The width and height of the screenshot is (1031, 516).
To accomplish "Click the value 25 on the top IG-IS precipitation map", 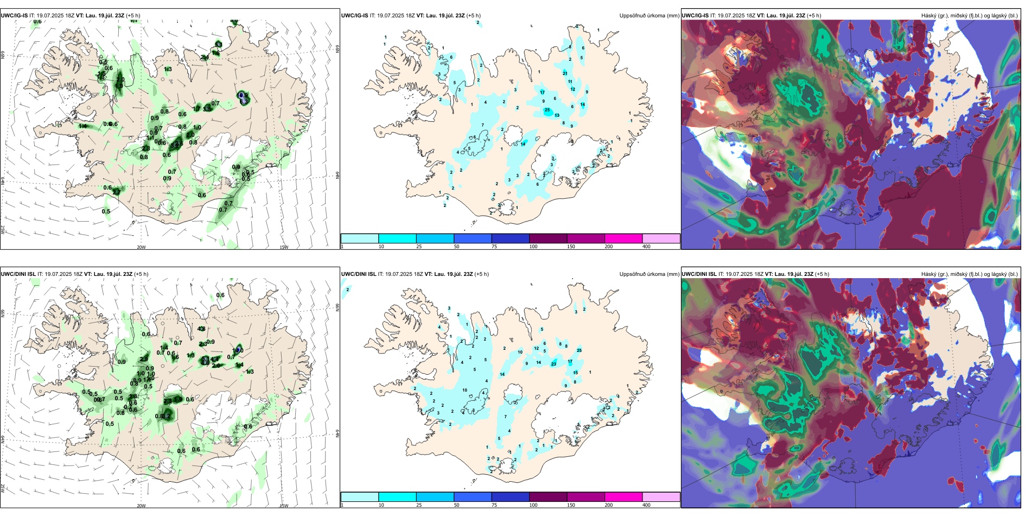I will (x=547, y=110).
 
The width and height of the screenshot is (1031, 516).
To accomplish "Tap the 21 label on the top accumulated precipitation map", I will (x=565, y=73).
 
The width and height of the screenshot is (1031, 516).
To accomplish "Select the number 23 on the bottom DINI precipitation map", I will (x=553, y=364).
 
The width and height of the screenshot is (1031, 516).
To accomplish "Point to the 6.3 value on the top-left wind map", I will (x=243, y=101).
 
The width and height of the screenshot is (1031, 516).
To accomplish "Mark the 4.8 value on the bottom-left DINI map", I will (x=201, y=329).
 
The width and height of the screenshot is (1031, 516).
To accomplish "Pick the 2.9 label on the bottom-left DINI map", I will (x=144, y=359).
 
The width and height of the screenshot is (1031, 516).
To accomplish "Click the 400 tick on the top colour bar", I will (x=646, y=247).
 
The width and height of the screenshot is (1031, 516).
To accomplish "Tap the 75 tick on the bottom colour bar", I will (x=494, y=505).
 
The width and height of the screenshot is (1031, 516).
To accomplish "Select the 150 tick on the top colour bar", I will (x=571, y=247).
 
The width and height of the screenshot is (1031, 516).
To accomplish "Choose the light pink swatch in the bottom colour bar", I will (x=661, y=497).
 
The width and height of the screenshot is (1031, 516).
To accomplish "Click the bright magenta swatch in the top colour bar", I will (x=623, y=238).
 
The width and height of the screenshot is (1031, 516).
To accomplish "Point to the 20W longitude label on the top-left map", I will (x=141, y=247).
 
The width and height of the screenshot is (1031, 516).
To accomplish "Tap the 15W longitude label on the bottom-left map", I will (x=284, y=506).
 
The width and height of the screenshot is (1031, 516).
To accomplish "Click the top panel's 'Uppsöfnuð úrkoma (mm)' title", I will (x=649, y=16).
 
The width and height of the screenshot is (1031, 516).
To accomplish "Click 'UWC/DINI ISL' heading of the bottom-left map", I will (x=18, y=274).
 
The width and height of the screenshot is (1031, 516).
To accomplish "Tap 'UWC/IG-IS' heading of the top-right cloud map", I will (x=695, y=16).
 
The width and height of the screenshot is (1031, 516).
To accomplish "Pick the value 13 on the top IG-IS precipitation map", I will (x=557, y=115).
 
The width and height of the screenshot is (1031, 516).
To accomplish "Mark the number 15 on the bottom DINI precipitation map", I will (x=576, y=373).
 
